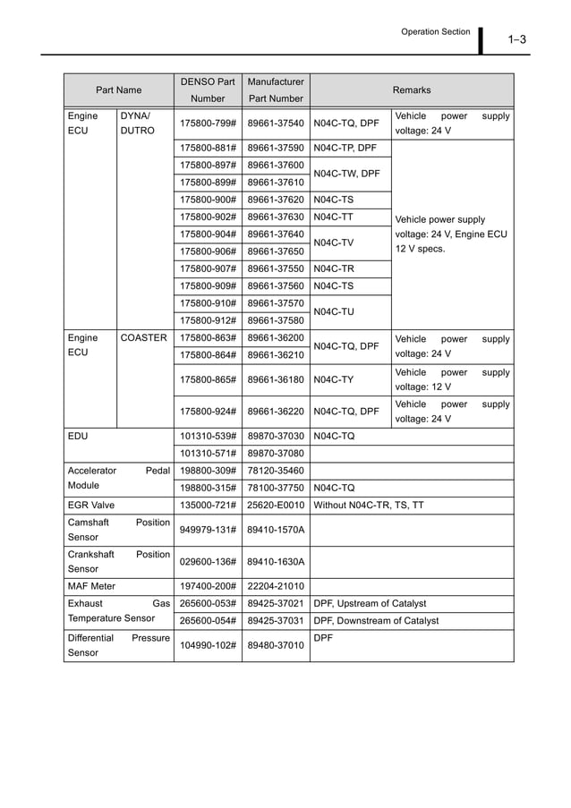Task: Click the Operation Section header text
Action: point(435,31)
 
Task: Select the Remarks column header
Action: point(412,90)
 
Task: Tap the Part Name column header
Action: point(119,90)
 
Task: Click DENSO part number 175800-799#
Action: point(208,123)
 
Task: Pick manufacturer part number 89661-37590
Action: point(276,148)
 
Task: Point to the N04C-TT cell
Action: point(334,217)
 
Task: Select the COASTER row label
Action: point(143,338)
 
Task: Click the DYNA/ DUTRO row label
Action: point(137,123)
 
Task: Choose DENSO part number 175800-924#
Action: point(208,412)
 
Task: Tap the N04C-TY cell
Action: point(334,379)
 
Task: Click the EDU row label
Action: point(78,436)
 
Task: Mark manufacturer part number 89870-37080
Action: point(276,453)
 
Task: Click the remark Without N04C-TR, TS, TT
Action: point(369,505)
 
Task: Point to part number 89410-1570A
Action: point(276,530)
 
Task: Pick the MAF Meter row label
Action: point(91,586)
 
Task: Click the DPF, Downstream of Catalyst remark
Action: point(376,620)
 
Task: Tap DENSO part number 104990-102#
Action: point(208,646)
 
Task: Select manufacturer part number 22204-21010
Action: point(276,586)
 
